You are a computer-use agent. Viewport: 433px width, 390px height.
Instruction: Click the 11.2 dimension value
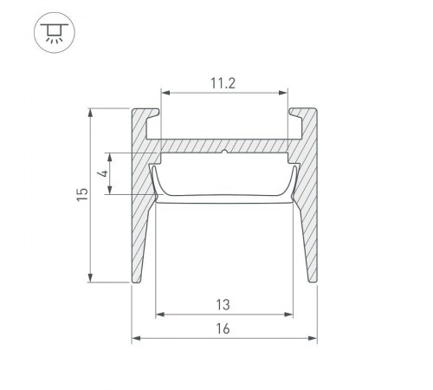point(223,83)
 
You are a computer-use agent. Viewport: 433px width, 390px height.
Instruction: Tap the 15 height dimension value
point(82,194)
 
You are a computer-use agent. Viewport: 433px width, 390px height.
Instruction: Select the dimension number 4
point(103,173)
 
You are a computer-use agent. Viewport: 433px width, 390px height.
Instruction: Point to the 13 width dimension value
point(223,305)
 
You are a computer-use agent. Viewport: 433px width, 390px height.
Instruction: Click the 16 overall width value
point(223,328)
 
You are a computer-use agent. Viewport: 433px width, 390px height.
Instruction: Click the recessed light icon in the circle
point(55,33)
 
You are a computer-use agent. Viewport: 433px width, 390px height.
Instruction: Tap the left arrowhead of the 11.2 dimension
point(165,93)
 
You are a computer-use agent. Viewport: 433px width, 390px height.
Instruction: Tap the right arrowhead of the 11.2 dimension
point(284,93)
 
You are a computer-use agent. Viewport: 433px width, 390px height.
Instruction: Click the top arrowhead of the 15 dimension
point(90,113)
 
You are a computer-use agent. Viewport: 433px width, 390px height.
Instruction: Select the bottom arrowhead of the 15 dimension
point(90,277)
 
